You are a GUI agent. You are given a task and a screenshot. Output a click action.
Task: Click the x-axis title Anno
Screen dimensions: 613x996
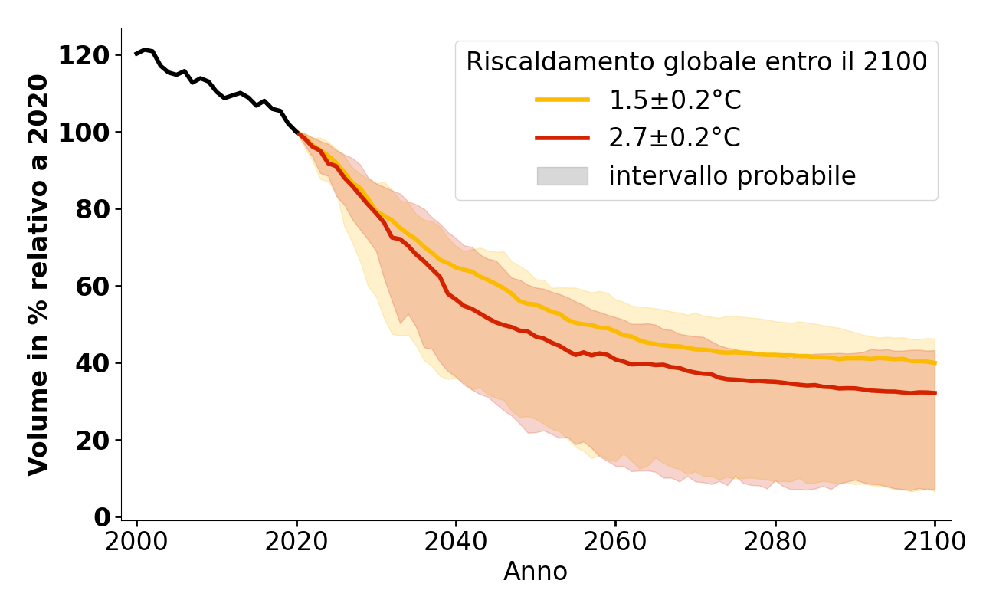point(536,572)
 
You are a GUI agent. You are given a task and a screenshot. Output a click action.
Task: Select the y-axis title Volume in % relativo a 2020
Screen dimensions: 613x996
point(38,274)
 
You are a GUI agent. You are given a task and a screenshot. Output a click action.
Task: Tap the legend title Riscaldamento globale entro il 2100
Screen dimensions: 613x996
point(696,62)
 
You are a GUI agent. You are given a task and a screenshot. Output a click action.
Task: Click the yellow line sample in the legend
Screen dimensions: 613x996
point(562,100)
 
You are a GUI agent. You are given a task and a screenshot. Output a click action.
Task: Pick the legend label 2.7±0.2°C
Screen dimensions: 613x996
point(674,138)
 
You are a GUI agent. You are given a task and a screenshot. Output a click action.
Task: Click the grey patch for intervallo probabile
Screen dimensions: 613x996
point(562,176)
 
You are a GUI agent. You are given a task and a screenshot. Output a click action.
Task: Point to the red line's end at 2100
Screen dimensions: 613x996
point(935,393)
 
